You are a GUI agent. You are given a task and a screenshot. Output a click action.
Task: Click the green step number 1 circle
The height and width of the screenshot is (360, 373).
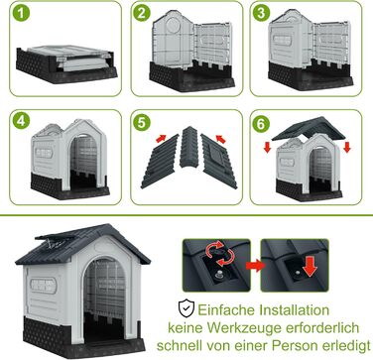(x=22, y=13)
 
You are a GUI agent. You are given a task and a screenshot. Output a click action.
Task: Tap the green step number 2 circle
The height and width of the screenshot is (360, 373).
(x=142, y=14)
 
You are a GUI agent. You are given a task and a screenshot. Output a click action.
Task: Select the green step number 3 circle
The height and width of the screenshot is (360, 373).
(x=261, y=14)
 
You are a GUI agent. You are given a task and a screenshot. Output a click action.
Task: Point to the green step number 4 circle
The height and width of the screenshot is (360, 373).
(x=21, y=121)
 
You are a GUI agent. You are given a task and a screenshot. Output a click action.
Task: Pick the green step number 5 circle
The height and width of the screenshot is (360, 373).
(x=141, y=123)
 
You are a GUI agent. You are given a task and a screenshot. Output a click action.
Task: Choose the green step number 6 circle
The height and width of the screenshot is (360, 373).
(x=261, y=124)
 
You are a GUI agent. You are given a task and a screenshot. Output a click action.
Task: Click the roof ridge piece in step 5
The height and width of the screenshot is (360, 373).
(x=188, y=146)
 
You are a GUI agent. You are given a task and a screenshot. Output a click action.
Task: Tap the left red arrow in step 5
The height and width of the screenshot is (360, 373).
(x=161, y=138)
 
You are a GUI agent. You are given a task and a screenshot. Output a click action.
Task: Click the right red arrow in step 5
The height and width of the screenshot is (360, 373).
(x=220, y=139)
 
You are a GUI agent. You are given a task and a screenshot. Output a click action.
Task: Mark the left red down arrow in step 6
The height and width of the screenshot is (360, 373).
(x=268, y=147)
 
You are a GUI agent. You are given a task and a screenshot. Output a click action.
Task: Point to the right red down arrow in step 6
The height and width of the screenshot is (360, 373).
(x=347, y=147)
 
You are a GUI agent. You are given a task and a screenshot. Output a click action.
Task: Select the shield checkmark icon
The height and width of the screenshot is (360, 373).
(x=186, y=308)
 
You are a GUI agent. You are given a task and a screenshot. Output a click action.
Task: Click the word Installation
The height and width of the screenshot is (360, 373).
(x=294, y=310)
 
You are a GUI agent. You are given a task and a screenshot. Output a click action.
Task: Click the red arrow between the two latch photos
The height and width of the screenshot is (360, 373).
(x=256, y=265)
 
